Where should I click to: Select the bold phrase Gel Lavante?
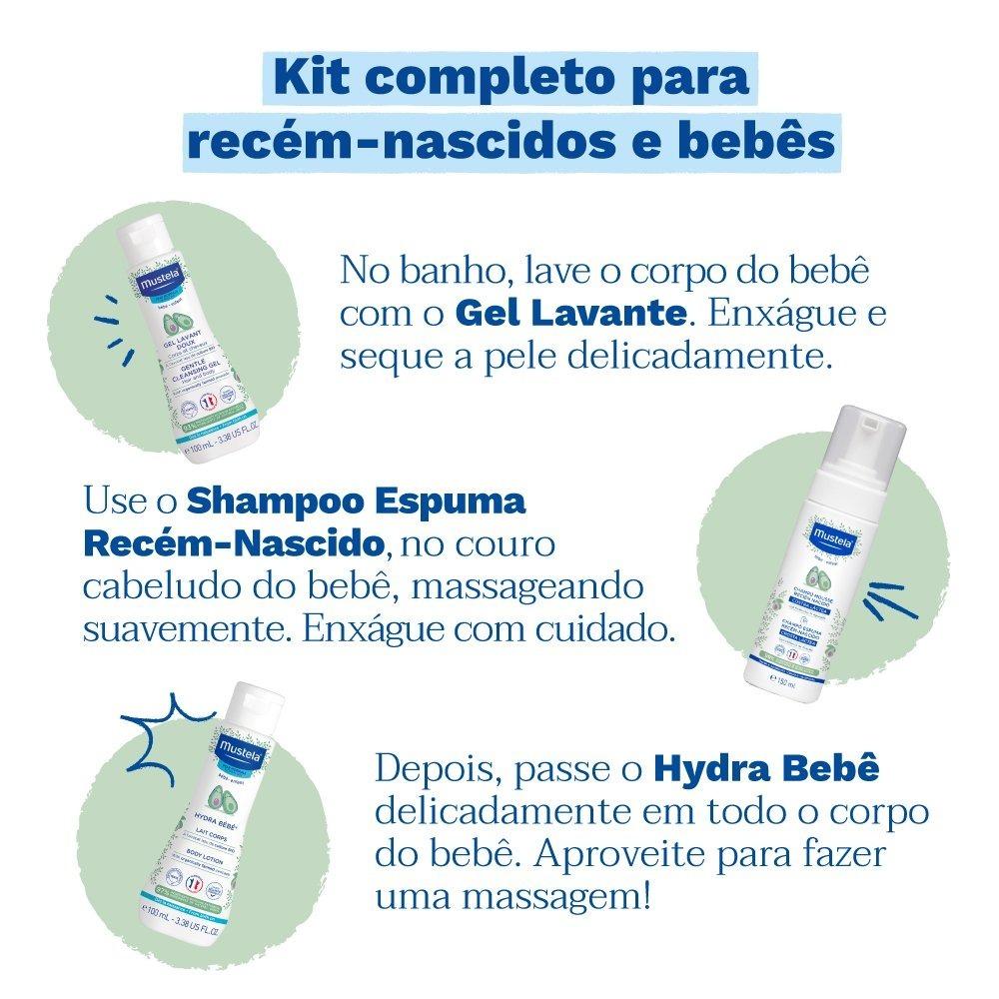pos(569,314)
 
